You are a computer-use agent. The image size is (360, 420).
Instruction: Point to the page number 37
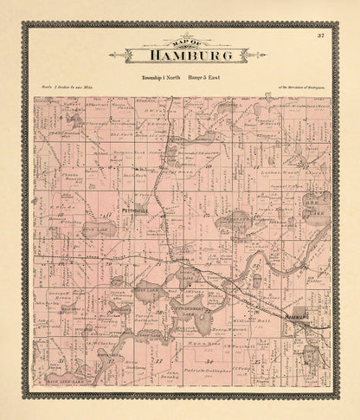click(x=320, y=36)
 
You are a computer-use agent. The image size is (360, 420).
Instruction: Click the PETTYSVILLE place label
click(x=112, y=210)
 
